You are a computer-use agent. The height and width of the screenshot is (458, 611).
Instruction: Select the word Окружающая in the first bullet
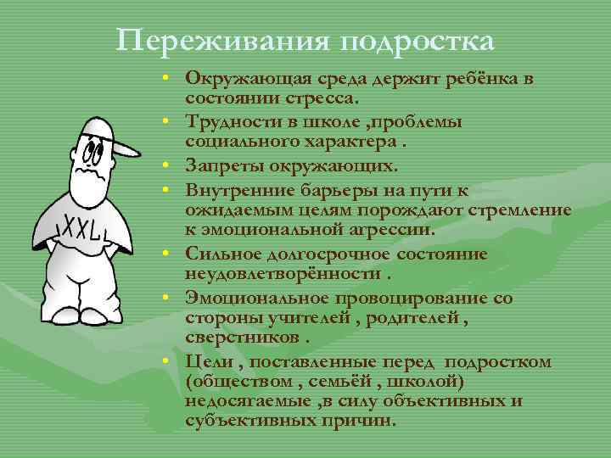coord(241,78)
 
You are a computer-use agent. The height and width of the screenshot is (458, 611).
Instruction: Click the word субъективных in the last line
coord(249,422)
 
